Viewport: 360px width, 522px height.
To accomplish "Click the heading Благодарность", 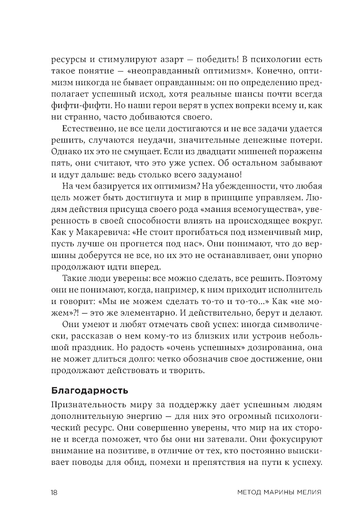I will tap(89, 390).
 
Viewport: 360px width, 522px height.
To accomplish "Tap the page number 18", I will tap(54, 493).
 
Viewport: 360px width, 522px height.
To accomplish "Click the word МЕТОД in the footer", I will tap(251, 493).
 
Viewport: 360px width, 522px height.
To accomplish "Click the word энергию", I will tap(137, 416).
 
